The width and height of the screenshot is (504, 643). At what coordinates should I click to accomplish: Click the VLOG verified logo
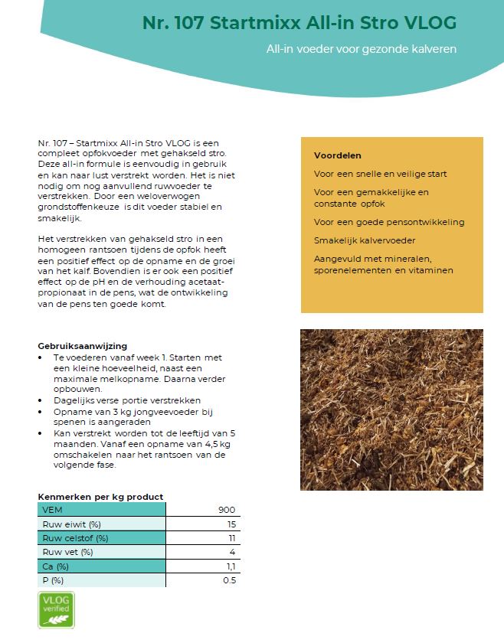pyautogui.click(x=56, y=610)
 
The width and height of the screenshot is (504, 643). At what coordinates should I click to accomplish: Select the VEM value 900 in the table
pyautogui.click(x=226, y=510)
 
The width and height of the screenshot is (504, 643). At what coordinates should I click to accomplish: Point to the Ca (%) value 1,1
pyautogui.click(x=230, y=566)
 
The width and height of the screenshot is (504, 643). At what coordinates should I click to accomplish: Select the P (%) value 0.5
pyautogui.click(x=228, y=580)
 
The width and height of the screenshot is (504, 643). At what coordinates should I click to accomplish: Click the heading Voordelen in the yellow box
pyautogui.click(x=337, y=155)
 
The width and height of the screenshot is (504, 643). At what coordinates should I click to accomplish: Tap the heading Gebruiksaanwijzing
pyautogui.click(x=82, y=346)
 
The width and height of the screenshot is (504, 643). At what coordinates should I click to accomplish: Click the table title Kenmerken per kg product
pyautogui.click(x=100, y=497)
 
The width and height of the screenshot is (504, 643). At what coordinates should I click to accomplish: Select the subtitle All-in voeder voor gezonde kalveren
pyautogui.click(x=361, y=49)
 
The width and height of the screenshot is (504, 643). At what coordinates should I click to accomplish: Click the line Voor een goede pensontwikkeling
pyautogui.click(x=388, y=222)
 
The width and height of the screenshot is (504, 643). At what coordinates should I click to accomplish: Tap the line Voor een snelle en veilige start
pyautogui.click(x=380, y=174)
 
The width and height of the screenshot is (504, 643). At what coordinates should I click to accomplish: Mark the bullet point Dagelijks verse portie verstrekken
pyautogui.click(x=126, y=400)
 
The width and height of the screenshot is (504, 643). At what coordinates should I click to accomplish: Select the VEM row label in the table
pyautogui.click(x=53, y=510)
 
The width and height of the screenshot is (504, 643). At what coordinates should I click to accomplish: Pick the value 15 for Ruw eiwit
pyautogui.click(x=231, y=524)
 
